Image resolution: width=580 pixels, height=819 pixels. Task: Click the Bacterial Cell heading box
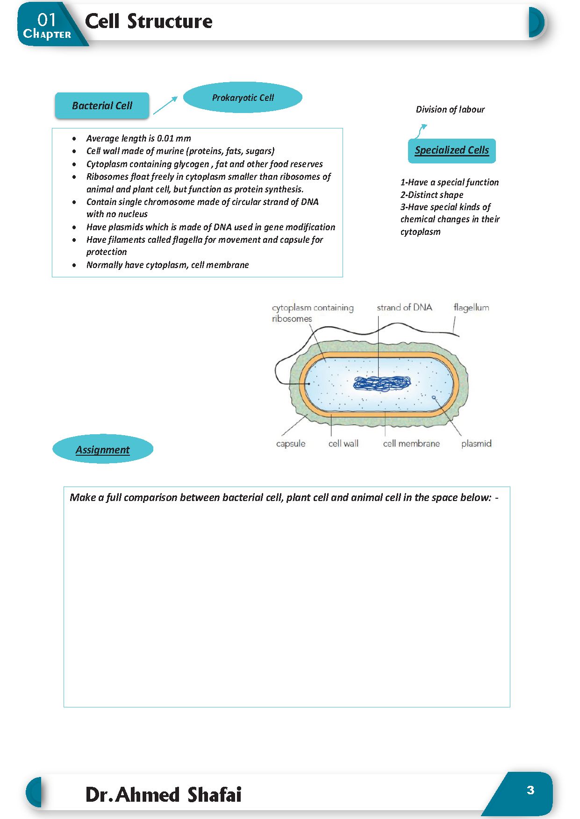click(102, 106)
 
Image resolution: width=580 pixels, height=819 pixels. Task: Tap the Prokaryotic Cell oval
click(243, 98)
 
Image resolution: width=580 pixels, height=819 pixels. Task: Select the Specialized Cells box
click(451, 150)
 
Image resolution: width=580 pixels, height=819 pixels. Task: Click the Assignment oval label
click(103, 449)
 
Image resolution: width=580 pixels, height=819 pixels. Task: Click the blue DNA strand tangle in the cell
click(382, 383)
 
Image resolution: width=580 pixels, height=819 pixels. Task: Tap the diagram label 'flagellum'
click(471, 308)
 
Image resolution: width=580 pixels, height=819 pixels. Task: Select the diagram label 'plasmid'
click(476, 444)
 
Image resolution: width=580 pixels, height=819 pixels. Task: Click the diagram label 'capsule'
click(291, 444)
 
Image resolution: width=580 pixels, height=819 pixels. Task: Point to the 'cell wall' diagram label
click(344, 444)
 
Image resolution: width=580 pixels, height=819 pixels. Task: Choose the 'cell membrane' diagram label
click(411, 444)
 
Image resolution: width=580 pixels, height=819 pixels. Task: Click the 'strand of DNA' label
click(404, 308)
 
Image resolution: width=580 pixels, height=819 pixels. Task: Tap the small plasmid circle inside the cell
click(434, 397)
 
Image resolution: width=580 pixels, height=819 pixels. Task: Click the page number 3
click(530, 790)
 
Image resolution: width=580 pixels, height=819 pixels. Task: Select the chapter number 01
click(47, 19)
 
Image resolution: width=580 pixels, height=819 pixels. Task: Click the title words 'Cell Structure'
click(149, 21)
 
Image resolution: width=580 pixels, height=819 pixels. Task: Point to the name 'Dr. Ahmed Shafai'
click(163, 795)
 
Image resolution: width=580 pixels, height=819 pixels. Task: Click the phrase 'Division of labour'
click(450, 110)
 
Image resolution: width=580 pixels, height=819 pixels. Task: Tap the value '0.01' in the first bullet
click(165, 139)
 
